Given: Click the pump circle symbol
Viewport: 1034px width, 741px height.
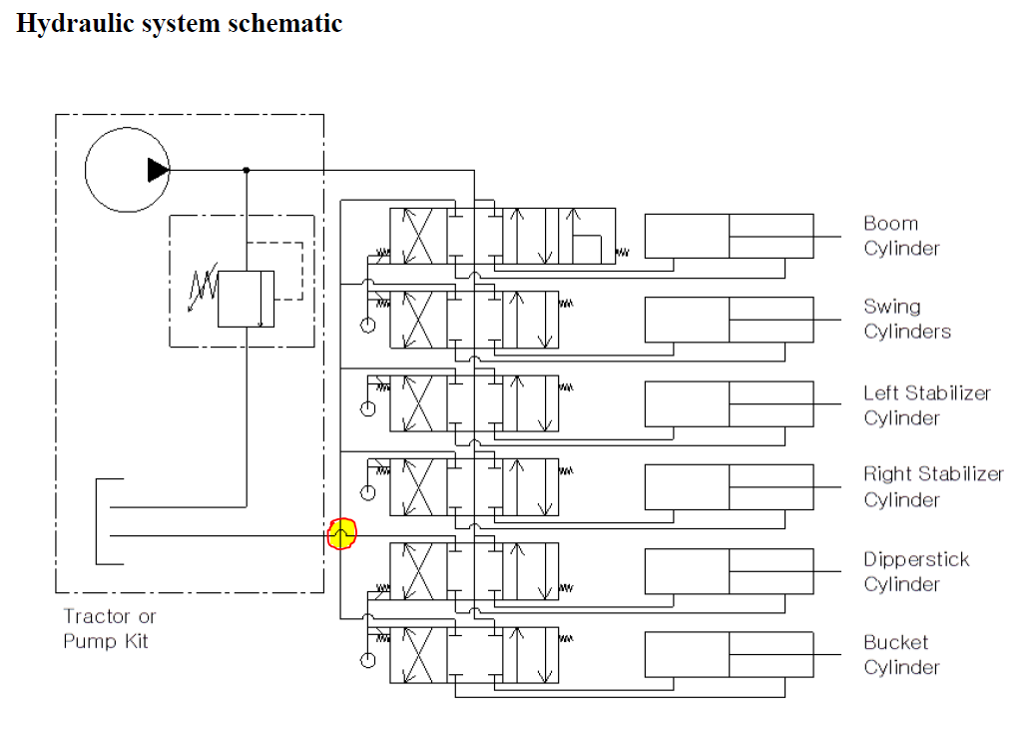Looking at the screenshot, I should point(127,170).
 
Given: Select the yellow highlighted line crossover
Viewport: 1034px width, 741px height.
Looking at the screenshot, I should point(341,535).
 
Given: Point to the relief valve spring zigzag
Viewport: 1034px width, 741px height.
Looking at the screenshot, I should point(205,290).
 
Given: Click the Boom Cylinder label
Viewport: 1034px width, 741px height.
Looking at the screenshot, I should point(901,236).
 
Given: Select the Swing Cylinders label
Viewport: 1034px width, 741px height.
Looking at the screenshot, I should point(906,319).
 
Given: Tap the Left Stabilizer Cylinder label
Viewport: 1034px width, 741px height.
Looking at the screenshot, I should point(927,404).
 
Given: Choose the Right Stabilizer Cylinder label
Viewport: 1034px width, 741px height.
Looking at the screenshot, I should point(933,486).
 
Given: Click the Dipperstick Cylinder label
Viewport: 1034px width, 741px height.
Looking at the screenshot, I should point(916,571).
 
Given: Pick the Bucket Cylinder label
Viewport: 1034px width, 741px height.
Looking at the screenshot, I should point(901,654).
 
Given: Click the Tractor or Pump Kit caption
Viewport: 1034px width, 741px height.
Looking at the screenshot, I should point(109,629).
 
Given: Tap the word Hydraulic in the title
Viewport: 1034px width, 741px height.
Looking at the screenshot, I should point(66,23).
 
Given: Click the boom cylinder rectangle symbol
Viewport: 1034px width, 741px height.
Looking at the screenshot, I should point(729,236).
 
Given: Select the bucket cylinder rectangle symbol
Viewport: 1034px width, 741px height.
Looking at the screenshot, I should point(729,654).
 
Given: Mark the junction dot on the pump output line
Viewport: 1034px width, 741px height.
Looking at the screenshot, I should point(247,170).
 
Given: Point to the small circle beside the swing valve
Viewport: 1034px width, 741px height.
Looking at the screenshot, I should point(368,325).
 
